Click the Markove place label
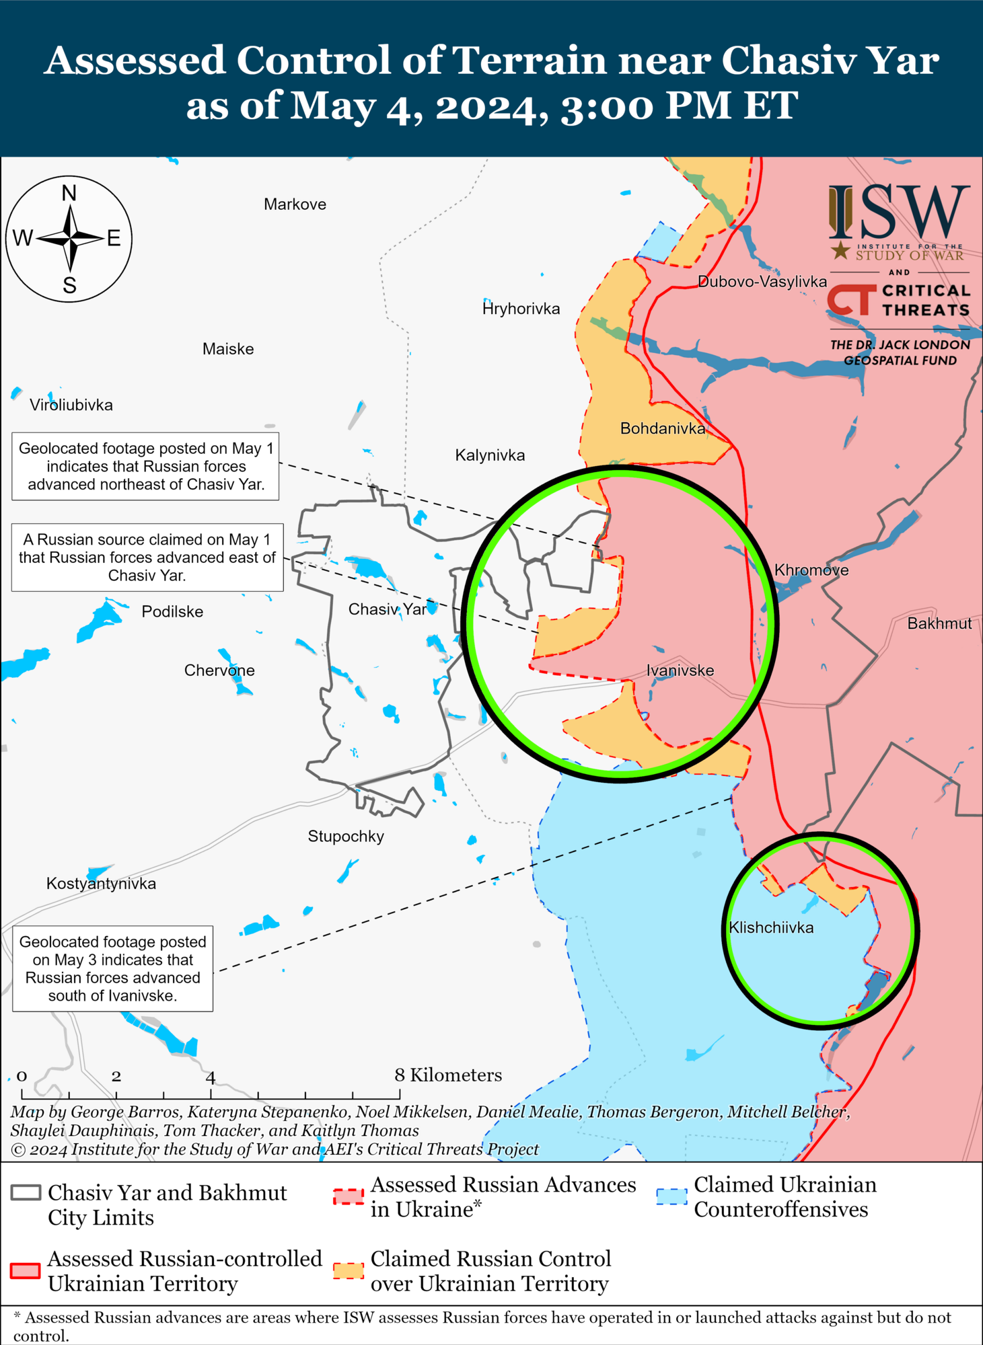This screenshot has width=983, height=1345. click(295, 204)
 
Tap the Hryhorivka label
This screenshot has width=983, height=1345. click(521, 309)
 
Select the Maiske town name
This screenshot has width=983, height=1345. click(228, 349)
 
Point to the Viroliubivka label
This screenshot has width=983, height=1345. click(71, 405)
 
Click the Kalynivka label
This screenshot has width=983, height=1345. click(490, 455)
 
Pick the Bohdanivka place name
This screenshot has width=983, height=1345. click(663, 428)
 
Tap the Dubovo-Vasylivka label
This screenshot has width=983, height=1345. click(762, 282)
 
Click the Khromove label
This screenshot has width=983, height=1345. click(811, 570)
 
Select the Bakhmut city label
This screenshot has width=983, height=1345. click(939, 623)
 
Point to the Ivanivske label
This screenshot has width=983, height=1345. click(680, 670)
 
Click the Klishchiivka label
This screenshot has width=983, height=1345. click(771, 928)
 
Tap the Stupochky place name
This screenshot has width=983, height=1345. click(346, 837)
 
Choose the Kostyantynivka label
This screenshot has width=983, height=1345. click(101, 884)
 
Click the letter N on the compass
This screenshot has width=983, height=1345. click(69, 194)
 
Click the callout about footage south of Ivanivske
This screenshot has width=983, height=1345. click(113, 968)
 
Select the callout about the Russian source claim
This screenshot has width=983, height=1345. click(147, 558)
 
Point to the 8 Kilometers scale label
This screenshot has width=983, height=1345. click(448, 1075)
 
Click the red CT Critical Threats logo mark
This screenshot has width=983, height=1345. click(851, 300)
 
